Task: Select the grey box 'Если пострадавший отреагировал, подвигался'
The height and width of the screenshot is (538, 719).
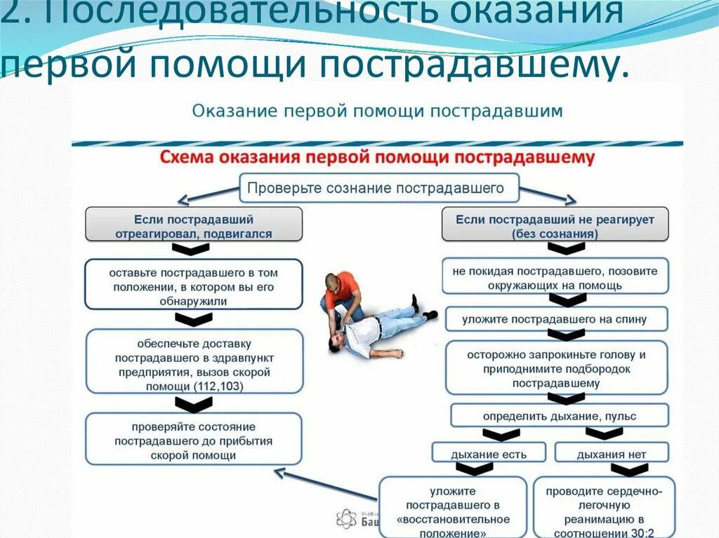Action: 194,225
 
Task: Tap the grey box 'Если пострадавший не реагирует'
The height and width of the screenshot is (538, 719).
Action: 554,225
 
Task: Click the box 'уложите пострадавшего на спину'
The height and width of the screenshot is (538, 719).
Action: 554,319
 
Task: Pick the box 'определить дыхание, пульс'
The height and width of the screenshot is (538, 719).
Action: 559,416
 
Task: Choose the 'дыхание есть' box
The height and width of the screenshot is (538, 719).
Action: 489,454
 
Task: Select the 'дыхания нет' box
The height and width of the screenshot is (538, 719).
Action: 611,454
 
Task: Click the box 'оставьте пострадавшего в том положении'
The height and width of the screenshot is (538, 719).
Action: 194,284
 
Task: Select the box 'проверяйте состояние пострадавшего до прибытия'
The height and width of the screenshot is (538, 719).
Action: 194,440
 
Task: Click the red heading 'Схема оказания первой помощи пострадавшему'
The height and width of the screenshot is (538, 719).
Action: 377,157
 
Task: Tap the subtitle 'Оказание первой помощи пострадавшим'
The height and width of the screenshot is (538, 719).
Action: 377,111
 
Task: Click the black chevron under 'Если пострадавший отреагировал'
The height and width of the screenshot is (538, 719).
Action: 191,249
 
